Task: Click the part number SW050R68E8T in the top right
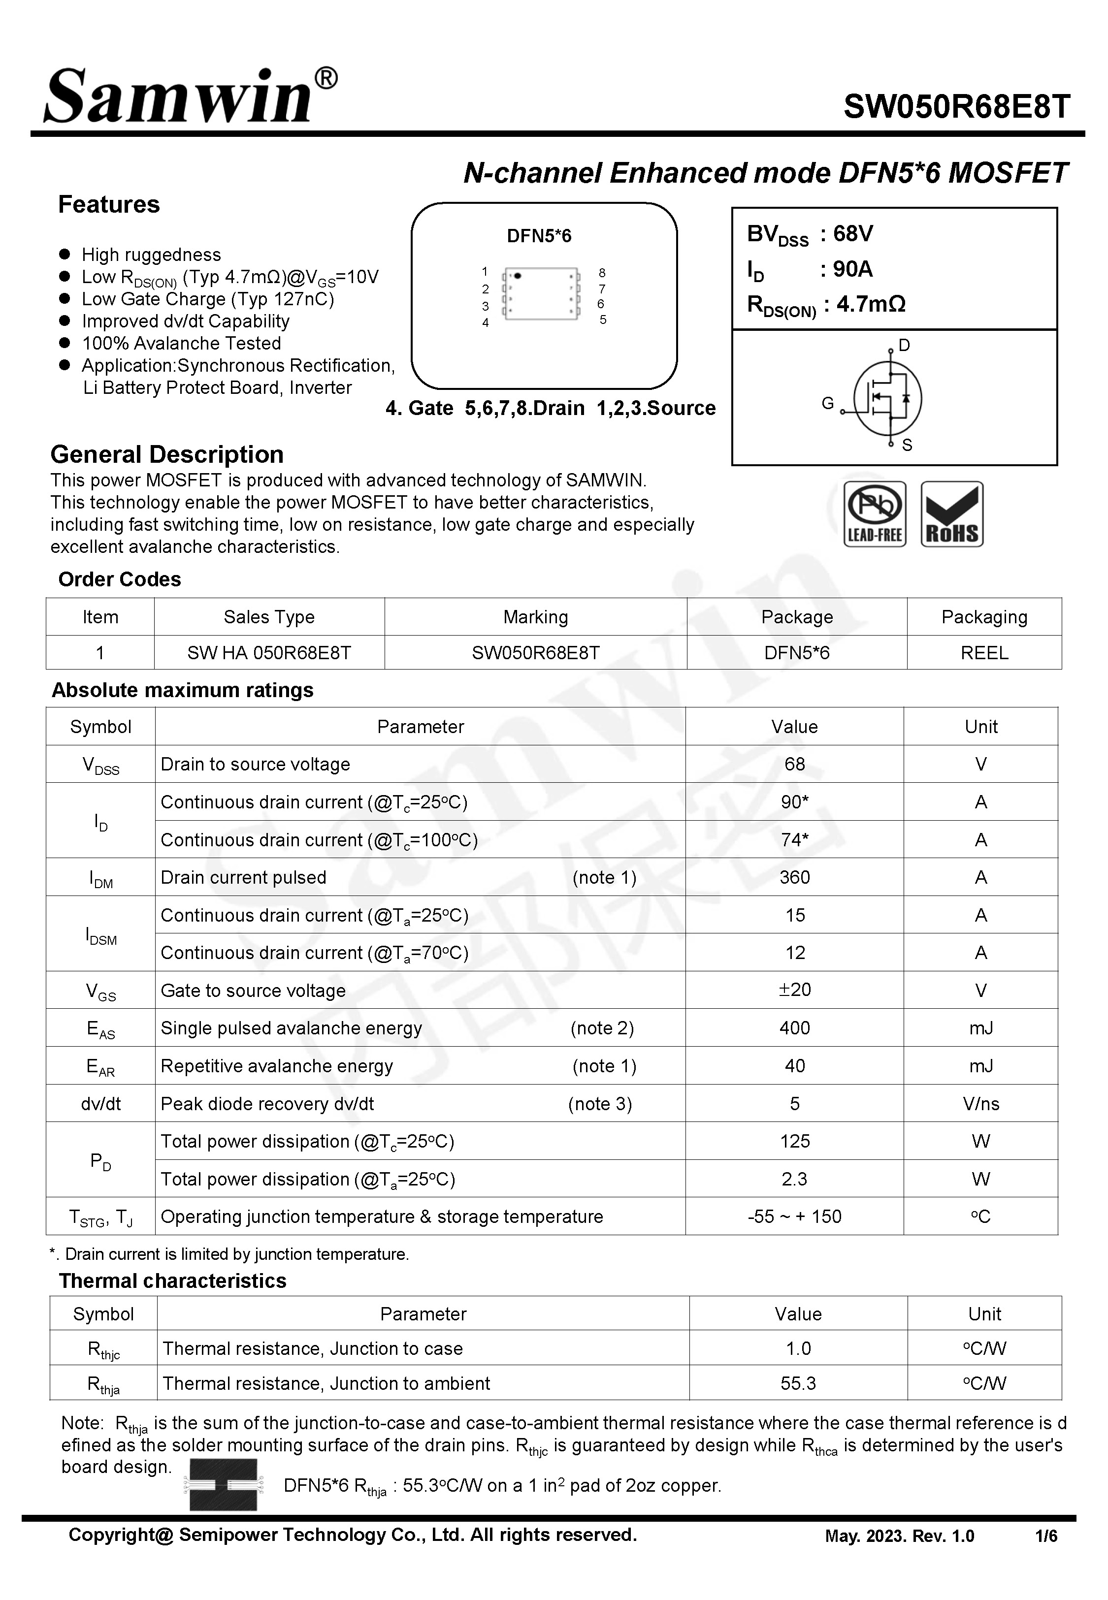957,107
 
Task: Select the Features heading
109,205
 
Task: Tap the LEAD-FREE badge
875,514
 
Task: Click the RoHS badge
952,514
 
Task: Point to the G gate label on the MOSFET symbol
827,403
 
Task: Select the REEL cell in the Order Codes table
984,653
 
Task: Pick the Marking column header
535,617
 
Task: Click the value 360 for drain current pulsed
794,878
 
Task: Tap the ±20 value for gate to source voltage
794,990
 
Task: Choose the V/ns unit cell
980,1104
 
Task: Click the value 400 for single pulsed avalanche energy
794,1028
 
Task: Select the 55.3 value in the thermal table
798,1383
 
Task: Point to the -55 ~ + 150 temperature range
794,1216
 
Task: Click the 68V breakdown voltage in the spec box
852,234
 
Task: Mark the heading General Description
166,454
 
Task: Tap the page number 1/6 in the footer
1045,1536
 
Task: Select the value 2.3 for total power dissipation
794,1179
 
